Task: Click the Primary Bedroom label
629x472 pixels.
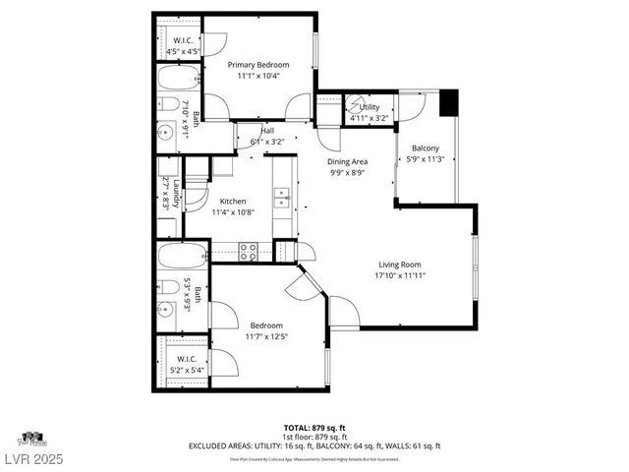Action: pos(258,65)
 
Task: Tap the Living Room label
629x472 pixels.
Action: pos(400,264)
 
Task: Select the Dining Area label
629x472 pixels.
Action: pos(347,161)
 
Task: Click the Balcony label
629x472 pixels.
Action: pos(426,148)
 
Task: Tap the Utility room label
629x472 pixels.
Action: pos(370,107)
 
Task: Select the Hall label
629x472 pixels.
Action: pos(267,131)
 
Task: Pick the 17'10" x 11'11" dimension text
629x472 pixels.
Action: pos(400,276)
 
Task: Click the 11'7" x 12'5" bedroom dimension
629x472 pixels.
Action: pos(266,337)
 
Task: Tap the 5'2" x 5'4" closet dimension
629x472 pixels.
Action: pos(187,371)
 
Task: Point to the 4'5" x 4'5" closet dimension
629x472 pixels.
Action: pos(184,50)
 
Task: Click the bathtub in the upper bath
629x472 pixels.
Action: pos(178,79)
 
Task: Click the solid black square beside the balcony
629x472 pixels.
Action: pos(449,102)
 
